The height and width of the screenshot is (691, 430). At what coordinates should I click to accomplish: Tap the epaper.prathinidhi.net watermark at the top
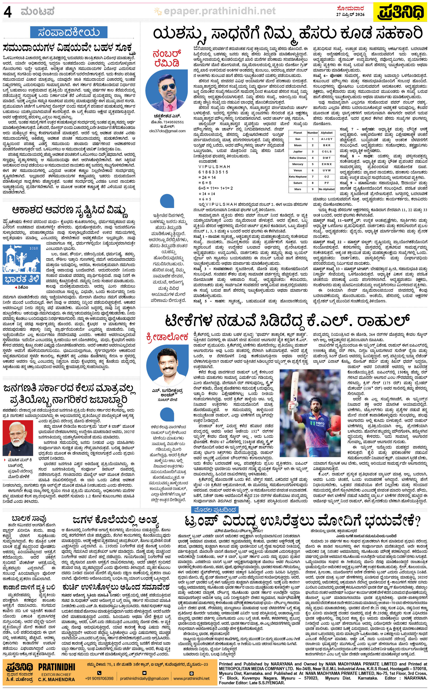(219, 11)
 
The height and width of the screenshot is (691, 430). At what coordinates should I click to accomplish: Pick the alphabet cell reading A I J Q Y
(327, 139)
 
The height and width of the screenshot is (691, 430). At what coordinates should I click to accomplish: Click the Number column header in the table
(313, 133)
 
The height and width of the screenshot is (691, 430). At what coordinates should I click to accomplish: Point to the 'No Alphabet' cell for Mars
(327, 189)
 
